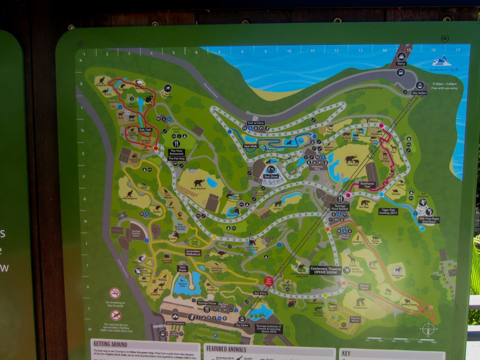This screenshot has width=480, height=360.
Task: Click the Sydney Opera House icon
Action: tap(441, 61)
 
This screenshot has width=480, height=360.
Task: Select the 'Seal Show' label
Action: tap(271, 176)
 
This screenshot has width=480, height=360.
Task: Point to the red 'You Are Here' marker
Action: tap(269, 282)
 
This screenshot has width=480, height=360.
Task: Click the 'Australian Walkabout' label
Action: tap(193, 252)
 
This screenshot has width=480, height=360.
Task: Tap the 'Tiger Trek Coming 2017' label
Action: tap(389, 212)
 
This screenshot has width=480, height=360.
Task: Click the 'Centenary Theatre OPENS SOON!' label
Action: tap(325, 270)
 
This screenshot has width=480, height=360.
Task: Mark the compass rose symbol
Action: tap(427, 329)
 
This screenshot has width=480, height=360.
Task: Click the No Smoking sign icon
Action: tap(115, 293)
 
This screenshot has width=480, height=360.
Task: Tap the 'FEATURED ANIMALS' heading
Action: tap(226, 349)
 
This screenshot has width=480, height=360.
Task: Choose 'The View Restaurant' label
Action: tap(177, 152)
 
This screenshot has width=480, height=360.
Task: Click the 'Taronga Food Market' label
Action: tap(340, 207)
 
